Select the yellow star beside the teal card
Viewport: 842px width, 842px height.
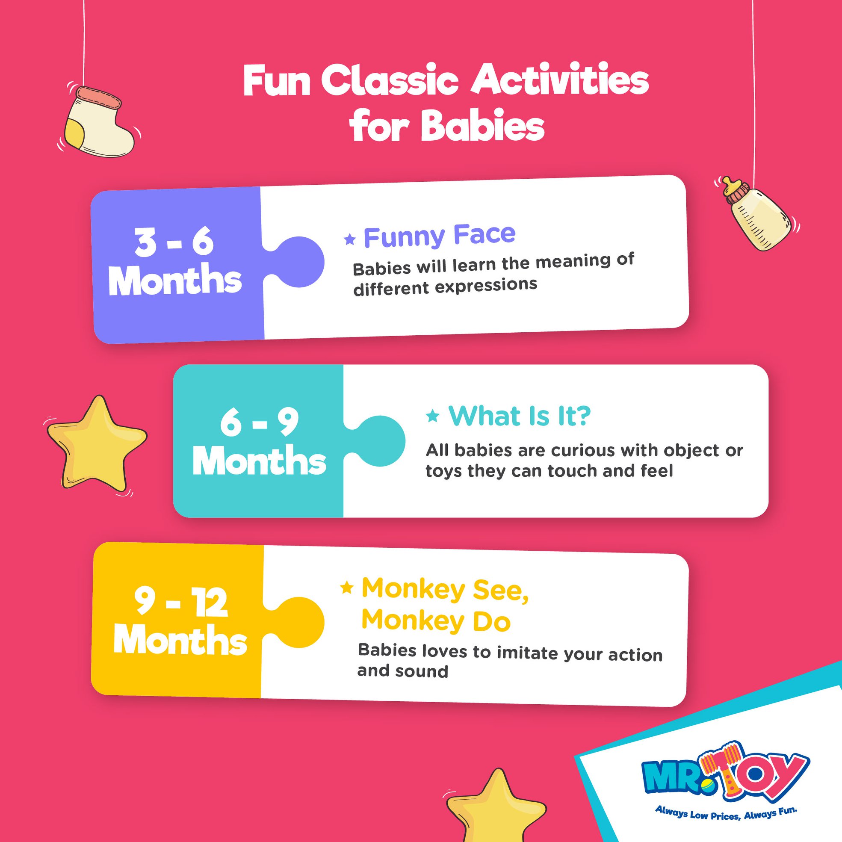click(97, 442)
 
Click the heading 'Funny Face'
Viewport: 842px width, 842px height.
click(439, 235)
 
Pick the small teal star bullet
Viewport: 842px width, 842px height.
click(432, 416)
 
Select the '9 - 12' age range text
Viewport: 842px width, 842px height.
click(181, 604)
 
